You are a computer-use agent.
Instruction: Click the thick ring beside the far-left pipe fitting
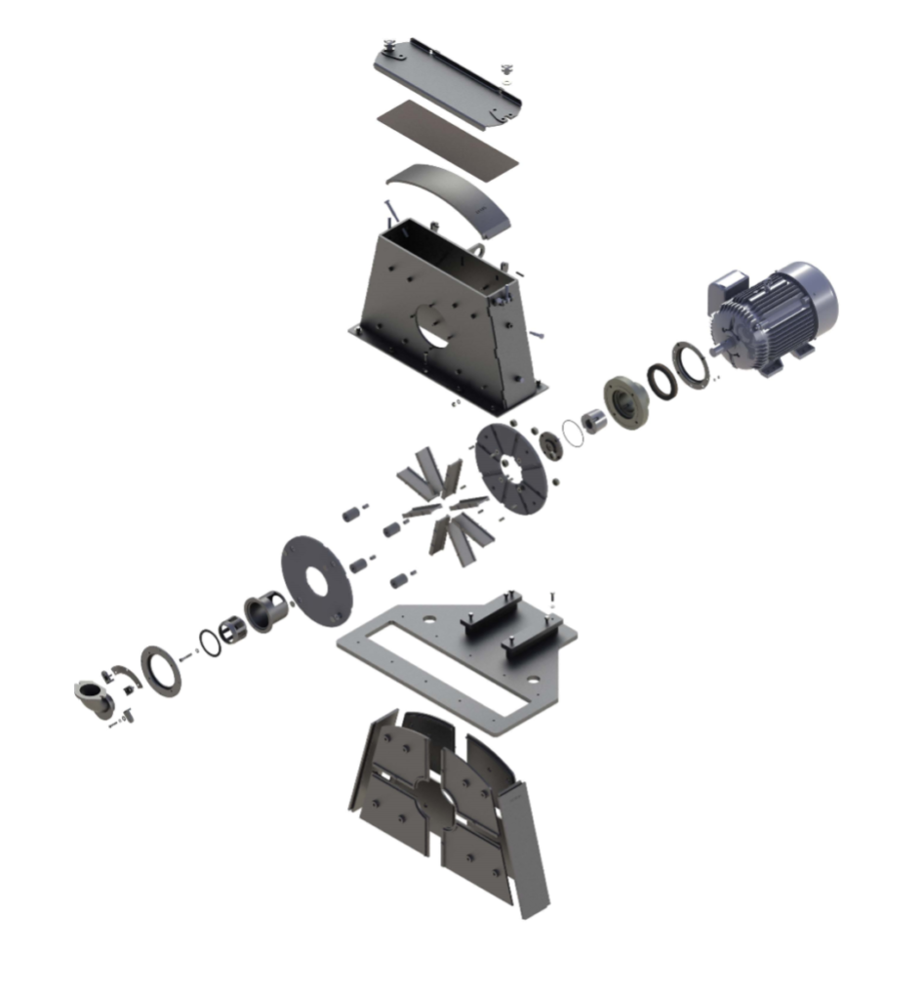pyautogui.click(x=160, y=670)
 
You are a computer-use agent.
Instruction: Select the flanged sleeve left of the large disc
pyautogui.click(x=265, y=613)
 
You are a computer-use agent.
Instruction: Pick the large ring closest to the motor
pyautogui.click(x=694, y=364)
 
